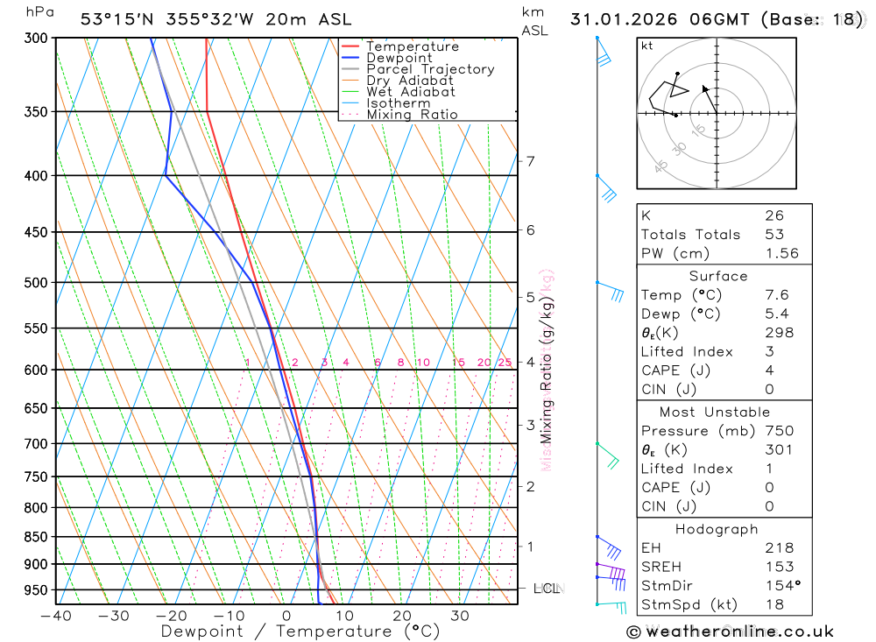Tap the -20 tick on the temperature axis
(x=171, y=616)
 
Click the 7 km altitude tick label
(x=530, y=160)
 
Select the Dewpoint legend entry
(x=399, y=58)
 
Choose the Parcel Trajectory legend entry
(x=430, y=69)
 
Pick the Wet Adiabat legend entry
(x=411, y=92)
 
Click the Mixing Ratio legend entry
(x=412, y=115)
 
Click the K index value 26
(x=774, y=215)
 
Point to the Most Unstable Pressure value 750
(x=779, y=431)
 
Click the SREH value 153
(x=779, y=567)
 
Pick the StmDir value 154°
(x=781, y=586)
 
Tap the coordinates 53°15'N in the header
(x=117, y=19)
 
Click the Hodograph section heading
(x=717, y=529)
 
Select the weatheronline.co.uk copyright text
(x=730, y=631)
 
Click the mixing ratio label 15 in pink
(x=458, y=363)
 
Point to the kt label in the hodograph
(x=646, y=46)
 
